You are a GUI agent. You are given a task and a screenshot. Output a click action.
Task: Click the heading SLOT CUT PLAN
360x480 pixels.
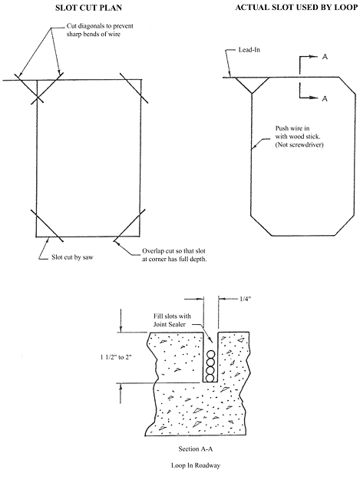[x=88, y=8]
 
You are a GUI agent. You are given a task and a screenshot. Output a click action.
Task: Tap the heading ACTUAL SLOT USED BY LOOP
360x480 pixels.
[x=296, y=7]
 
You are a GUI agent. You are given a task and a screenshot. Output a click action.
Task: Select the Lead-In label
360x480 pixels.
[x=249, y=50]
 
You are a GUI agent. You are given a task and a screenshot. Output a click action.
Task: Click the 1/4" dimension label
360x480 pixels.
[x=244, y=299]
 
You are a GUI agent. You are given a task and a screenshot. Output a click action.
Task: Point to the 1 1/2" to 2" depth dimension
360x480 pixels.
[x=116, y=357]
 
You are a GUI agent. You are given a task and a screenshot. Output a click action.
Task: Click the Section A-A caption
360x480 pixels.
[x=196, y=449]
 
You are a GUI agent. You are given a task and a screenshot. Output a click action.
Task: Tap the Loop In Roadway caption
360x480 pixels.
[x=196, y=465]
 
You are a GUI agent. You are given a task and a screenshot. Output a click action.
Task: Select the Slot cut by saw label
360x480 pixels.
[x=72, y=257]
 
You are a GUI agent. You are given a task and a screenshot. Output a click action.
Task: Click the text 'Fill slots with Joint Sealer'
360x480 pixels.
[x=172, y=320]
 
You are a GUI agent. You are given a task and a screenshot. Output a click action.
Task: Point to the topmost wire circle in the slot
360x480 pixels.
[x=210, y=355]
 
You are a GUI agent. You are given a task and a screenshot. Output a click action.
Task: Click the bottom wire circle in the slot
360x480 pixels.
[x=210, y=378]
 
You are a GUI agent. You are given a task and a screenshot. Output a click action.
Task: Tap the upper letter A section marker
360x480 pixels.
[x=325, y=57]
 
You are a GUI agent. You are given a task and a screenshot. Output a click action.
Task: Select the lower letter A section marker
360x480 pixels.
[x=325, y=98]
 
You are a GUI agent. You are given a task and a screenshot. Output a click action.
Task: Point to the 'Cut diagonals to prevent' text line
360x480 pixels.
[x=100, y=26]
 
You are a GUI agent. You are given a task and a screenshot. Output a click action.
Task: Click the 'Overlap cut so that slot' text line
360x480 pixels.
[x=173, y=251]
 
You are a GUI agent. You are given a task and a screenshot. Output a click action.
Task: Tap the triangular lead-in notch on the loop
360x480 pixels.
[x=252, y=83]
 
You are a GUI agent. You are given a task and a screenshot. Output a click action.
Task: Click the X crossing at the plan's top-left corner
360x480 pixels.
[x=38, y=98]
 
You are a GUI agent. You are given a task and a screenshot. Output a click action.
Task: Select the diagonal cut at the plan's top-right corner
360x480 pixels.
[x=134, y=88]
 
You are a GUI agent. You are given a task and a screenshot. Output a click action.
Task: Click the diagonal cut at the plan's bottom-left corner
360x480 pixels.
[x=47, y=225]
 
